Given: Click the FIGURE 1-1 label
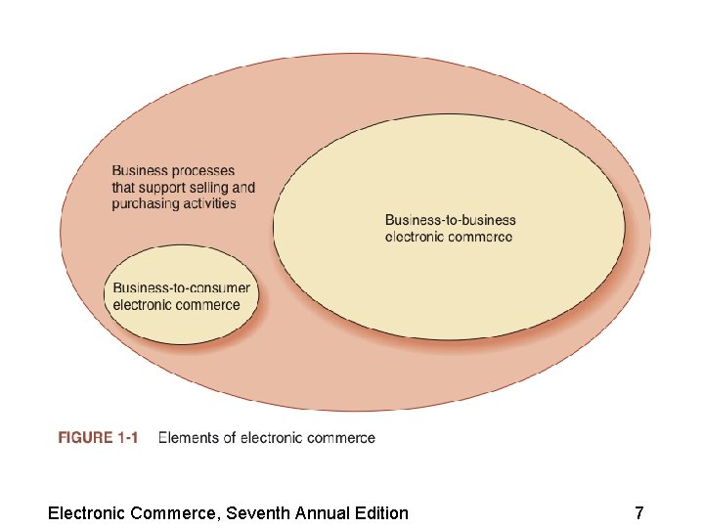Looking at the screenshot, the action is click(98, 438).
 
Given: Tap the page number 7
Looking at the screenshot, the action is click(638, 512).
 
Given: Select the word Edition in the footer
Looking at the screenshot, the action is click(376, 512).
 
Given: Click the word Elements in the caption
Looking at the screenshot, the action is click(189, 438).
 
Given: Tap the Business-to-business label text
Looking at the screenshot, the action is click(450, 221).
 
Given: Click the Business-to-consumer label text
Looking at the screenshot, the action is click(182, 288).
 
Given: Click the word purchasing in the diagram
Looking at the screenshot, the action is click(146, 203).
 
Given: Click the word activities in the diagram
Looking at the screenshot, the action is click(211, 203).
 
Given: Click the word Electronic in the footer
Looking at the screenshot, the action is click(85, 512).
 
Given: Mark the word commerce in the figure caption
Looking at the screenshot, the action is click(341, 438).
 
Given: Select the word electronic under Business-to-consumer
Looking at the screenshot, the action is click(142, 304).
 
